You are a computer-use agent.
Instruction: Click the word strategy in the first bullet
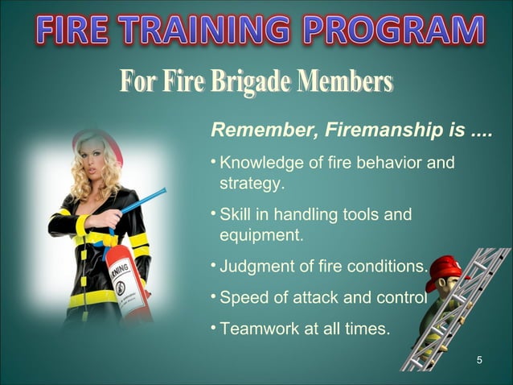pos(252,185)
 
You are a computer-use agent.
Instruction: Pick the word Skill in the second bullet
pos(236,215)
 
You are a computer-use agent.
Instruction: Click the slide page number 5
pos(480,359)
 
